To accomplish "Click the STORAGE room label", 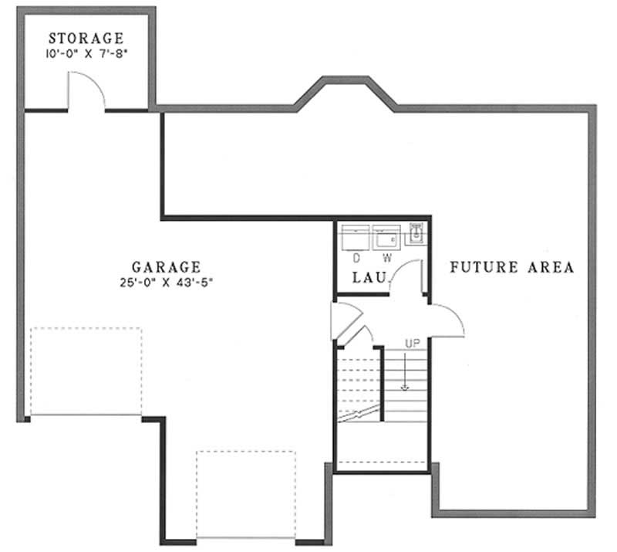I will tap(86, 38).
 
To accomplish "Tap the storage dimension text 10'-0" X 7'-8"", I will tap(86, 54).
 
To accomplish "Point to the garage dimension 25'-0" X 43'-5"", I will tap(167, 283).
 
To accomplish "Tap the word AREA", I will tap(552, 268).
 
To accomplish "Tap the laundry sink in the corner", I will tap(415, 233).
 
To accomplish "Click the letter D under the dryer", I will tap(357, 258).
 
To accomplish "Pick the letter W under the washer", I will tap(387, 258).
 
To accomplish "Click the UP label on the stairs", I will tap(413, 343).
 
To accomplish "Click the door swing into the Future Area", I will tap(447, 318).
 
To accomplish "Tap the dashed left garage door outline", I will tap(86, 372).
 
